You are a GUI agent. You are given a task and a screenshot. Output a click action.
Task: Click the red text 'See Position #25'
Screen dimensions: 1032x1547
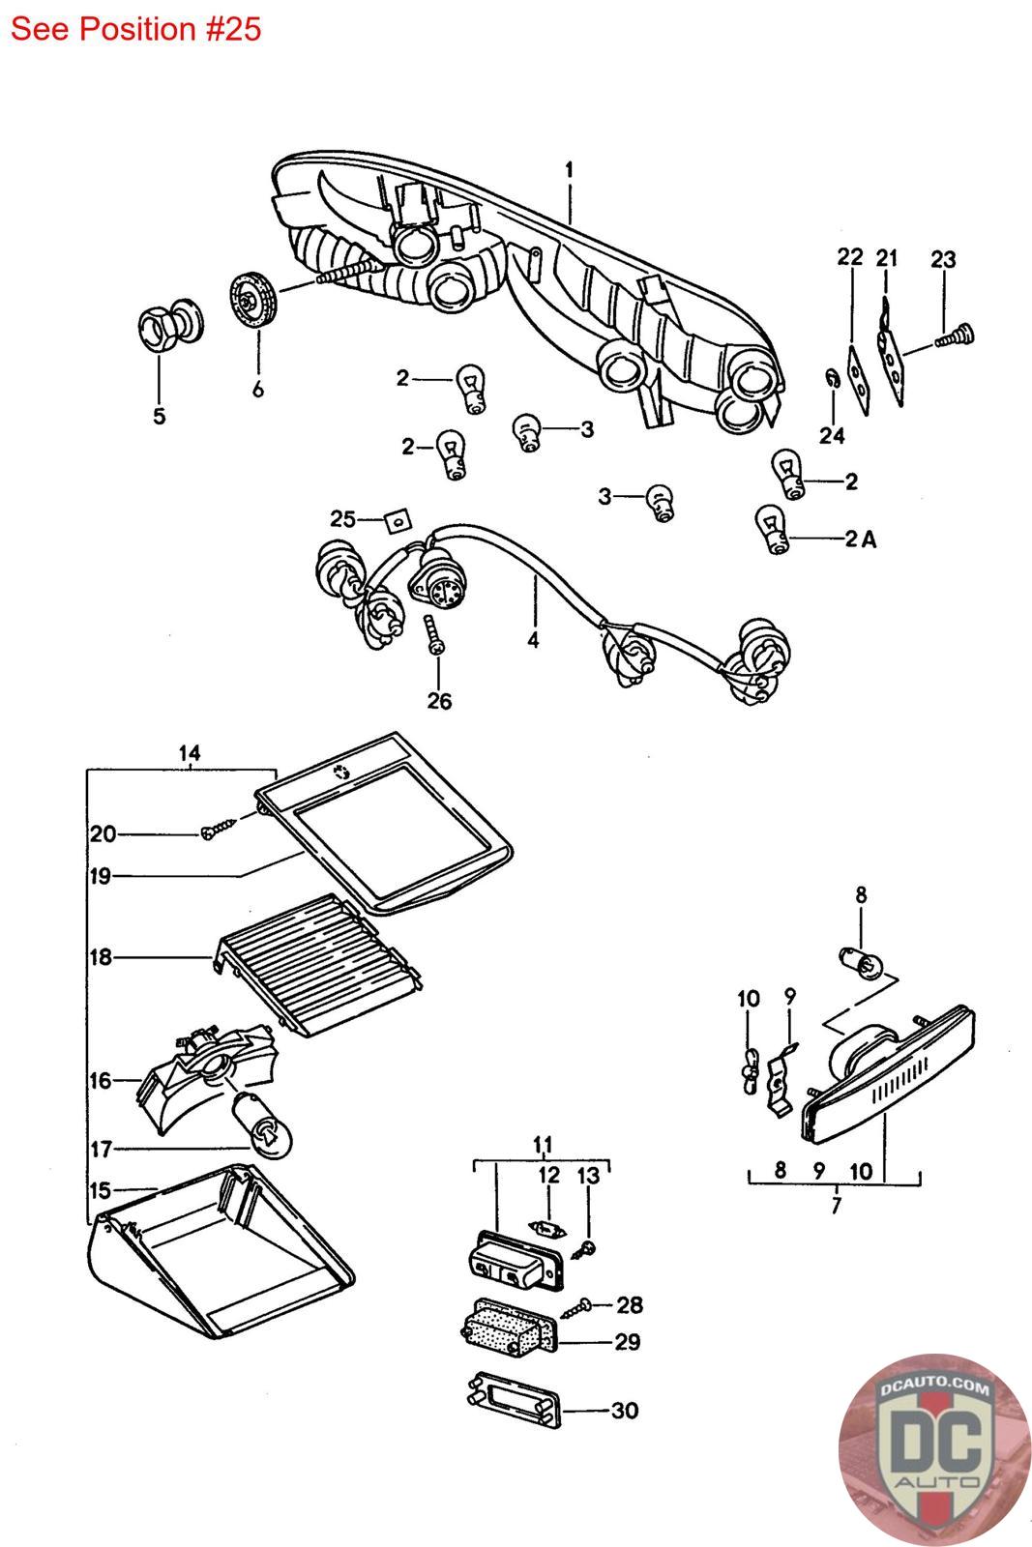(x=135, y=29)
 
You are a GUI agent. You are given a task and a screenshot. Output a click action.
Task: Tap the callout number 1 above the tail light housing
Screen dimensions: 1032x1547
(x=569, y=170)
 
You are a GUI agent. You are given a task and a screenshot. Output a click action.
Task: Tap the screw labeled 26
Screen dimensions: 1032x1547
(x=433, y=634)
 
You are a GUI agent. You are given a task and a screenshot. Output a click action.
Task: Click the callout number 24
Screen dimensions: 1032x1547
(x=832, y=435)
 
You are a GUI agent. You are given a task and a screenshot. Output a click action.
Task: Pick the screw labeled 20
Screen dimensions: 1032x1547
(x=219, y=830)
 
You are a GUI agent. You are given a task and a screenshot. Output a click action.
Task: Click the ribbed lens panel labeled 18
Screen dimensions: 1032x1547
(x=318, y=965)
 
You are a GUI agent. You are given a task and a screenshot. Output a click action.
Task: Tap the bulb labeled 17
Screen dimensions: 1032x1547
(x=263, y=1125)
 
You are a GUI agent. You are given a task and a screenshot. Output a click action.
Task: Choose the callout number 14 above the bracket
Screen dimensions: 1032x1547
(x=190, y=753)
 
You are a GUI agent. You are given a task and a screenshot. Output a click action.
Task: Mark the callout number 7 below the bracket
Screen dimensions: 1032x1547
(x=836, y=1206)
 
